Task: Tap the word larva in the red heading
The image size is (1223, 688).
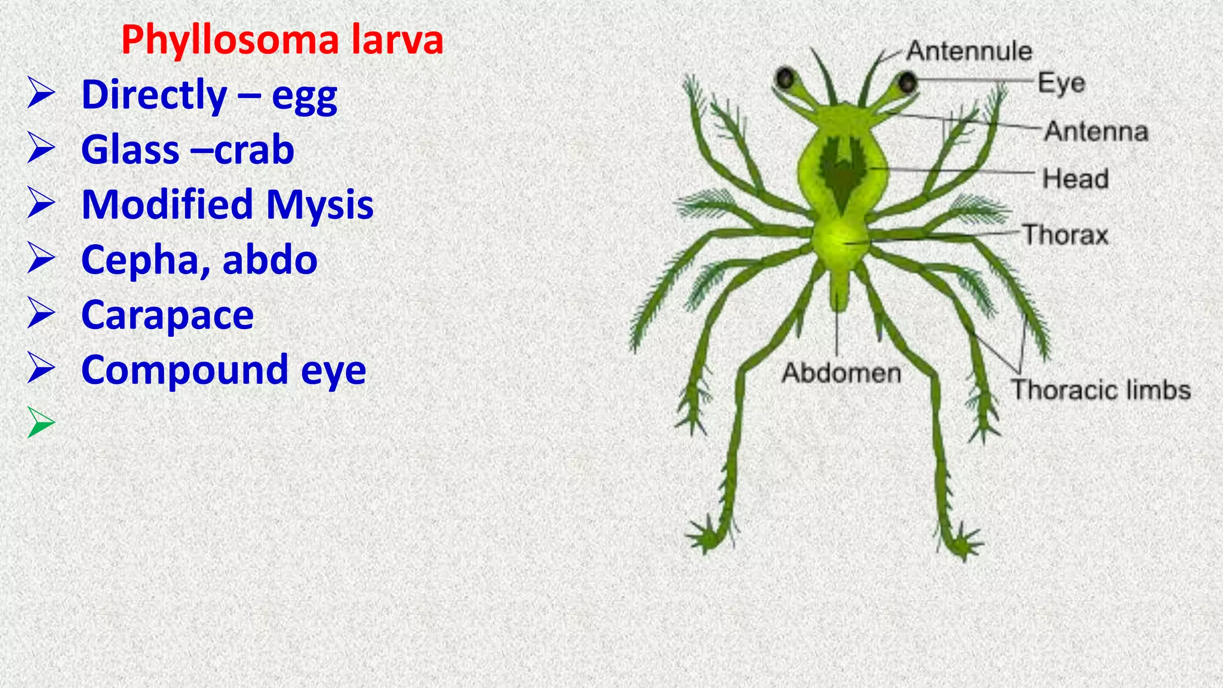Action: point(397,40)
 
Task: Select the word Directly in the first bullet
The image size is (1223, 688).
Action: point(154,95)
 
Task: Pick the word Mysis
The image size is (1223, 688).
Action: point(319,205)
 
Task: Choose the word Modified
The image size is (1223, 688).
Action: point(168,204)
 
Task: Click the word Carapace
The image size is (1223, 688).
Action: point(167,315)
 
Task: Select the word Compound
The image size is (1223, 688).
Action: point(184,371)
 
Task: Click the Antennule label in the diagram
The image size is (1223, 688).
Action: point(969,51)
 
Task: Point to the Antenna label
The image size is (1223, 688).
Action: point(1096,131)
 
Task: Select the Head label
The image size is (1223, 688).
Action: point(1075,179)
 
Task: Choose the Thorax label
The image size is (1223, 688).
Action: point(1065,235)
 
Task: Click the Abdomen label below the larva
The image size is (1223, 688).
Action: point(841,373)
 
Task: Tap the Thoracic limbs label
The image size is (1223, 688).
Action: point(1101,390)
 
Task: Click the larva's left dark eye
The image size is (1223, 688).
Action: point(785,78)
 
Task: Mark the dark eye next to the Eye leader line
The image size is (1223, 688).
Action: point(908,82)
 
